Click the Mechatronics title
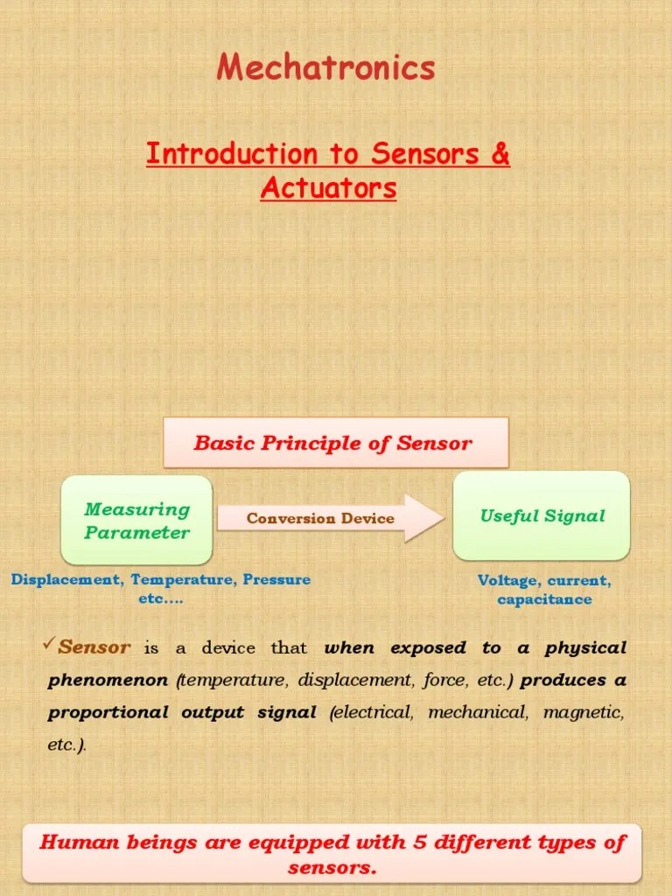(325, 67)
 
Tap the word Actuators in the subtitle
(328, 187)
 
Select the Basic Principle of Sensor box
(335, 443)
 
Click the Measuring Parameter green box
(136, 521)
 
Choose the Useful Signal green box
(542, 516)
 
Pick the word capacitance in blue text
(544, 599)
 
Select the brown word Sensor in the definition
(94, 648)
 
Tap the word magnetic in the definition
(584, 713)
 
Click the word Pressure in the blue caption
(276, 580)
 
